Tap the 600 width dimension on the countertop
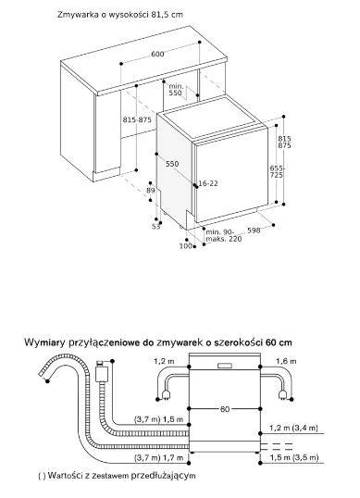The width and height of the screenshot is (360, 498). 157,56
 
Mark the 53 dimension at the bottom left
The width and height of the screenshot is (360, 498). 156,227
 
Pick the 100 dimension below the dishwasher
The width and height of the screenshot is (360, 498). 185,245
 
